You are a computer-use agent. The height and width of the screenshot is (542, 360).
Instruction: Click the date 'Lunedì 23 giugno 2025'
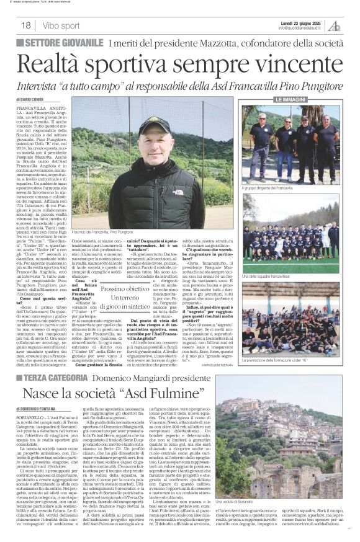tap(302, 22)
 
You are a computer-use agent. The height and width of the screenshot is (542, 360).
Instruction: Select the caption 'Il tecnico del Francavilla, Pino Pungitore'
tap(150, 231)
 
